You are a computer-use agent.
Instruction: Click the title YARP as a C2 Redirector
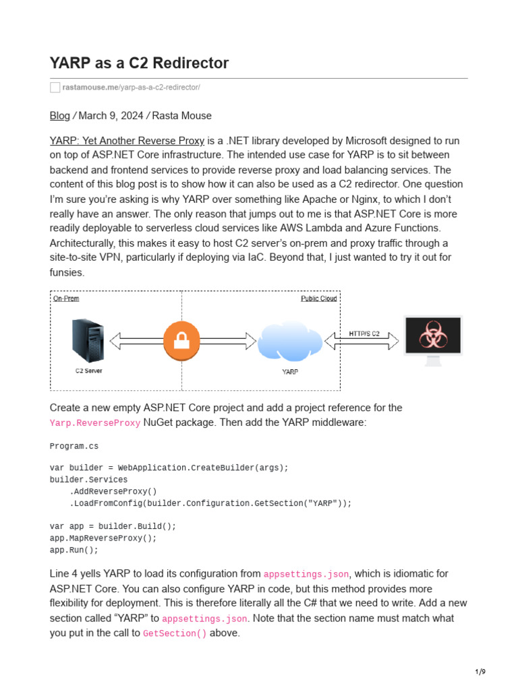coord(139,63)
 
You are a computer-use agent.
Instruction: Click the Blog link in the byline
coord(59,116)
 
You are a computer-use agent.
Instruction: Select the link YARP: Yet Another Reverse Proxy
coord(127,141)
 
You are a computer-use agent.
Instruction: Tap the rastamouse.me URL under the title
coord(131,88)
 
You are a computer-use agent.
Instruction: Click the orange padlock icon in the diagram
coord(181,340)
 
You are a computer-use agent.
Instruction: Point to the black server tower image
coord(88,341)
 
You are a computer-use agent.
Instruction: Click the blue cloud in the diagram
coord(290,341)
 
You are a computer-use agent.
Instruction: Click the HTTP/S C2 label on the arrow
coord(364,334)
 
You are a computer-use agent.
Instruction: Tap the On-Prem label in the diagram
coord(66,298)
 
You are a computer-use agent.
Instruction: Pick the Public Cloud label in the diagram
coord(318,298)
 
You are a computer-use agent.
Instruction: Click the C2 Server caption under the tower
coord(88,371)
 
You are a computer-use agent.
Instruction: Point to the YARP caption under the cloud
coord(290,372)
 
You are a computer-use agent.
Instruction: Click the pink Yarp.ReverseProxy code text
coord(95,423)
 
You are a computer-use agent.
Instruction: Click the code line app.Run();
coord(74,550)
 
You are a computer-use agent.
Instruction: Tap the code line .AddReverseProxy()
coord(113,491)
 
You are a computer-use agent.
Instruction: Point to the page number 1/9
coord(480,672)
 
